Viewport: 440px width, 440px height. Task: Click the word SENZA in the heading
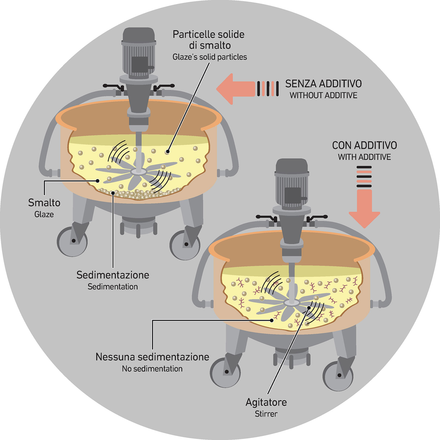(x=301, y=84)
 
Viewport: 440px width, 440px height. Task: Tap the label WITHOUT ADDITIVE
(x=323, y=95)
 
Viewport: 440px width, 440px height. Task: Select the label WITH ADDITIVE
(x=364, y=157)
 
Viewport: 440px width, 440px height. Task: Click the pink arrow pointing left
(x=235, y=89)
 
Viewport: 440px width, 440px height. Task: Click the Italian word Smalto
(x=44, y=203)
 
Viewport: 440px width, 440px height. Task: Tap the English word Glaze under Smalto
(x=44, y=214)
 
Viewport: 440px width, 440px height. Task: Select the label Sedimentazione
(x=113, y=275)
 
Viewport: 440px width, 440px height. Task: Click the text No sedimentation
(x=152, y=369)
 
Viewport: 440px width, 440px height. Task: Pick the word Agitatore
(x=266, y=402)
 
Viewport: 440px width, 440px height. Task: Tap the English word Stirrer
(x=266, y=414)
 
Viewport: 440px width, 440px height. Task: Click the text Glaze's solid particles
(x=210, y=57)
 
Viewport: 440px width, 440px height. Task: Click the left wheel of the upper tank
(x=72, y=241)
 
